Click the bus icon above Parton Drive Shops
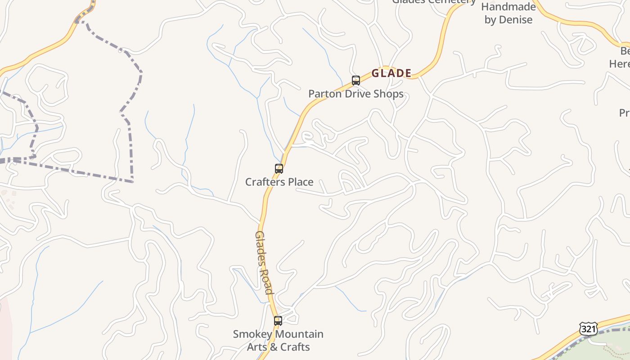356,81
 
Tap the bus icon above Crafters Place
279,169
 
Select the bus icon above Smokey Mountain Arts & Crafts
278,321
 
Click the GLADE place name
391,73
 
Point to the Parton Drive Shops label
355,94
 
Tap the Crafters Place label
279,182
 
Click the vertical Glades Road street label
264,262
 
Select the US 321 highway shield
588,329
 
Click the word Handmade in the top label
508,7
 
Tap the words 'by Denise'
508,20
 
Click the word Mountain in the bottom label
300,334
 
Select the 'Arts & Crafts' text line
278,347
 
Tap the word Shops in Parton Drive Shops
388,94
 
